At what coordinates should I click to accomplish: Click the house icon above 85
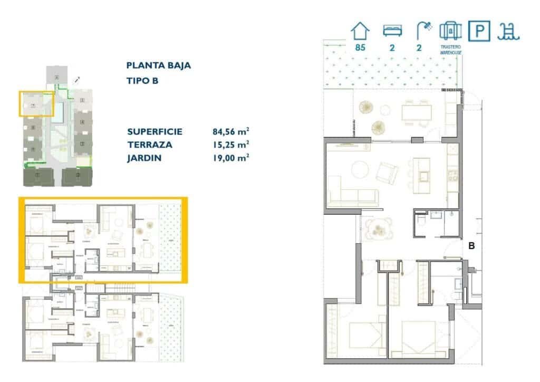pyautogui.click(x=361, y=31)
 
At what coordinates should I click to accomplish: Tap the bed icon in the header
pyautogui.click(x=391, y=31)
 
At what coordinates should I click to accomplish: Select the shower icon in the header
pyautogui.click(x=422, y=31)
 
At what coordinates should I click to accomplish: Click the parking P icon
pyautogui.click(x=479, y=31)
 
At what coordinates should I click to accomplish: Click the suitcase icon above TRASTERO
pyautogui.click(x=450, y=31)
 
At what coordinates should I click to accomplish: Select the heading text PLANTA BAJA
pyautogui.click(x=159, y=66)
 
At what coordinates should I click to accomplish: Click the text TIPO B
pyautogui.click(x=142, y=81)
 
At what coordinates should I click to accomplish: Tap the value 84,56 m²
pyautogui.click(x=230, y=132)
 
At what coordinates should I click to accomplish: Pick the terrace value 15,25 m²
pyautogui.click(x=230, y=145)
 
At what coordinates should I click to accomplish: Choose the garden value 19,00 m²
pyautogui.click(x=230, y=157)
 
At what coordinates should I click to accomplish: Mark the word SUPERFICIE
pyautogui.click(x=155, y=132)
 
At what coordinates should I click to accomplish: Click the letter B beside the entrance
pyautogui.click(x=472, y=245)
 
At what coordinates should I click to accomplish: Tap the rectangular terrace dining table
pyautogui.click(x=417, y=112)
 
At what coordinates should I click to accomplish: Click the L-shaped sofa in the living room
pyautogui.click(x=351, y=196)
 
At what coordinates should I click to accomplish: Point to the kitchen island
pyautogui.click(x=422, y=169)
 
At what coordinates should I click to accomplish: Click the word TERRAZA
pyautogui.click(x=149, y=145)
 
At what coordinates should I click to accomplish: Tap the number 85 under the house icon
pyautogui.click(x=361, y=47)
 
